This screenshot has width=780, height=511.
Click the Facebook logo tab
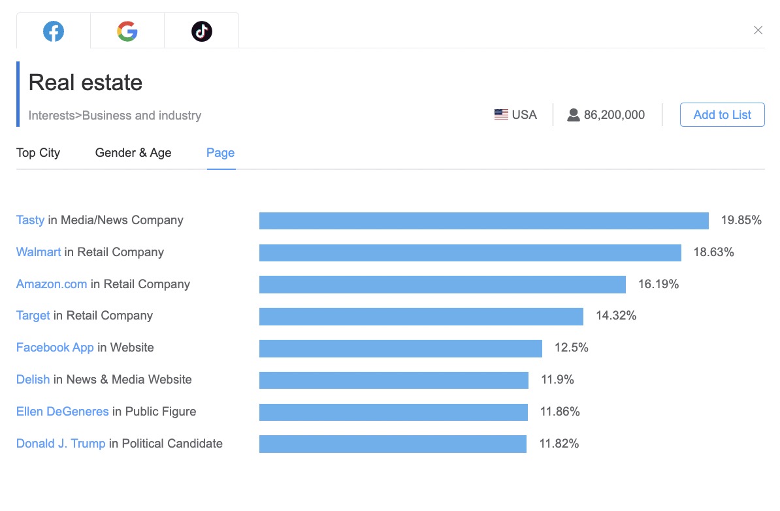[54, 31]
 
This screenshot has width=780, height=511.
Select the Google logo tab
[127, 31]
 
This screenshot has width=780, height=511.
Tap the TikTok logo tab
[201, 31]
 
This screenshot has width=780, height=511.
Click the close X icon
[758, 30]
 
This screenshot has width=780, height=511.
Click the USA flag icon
[501, 115]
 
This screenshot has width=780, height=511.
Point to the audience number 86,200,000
[614, 115]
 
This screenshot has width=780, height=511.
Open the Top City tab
[38, 153]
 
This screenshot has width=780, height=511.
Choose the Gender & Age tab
[133, 153]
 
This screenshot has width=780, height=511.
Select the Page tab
[220, 153]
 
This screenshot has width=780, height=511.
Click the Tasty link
[30, 220]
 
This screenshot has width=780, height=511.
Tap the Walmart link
[39, 252]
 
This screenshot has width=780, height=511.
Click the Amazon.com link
[52, 284]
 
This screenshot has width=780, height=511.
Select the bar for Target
[421, 316]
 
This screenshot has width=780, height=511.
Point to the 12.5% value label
[572, 348]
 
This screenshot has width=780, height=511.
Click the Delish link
[33, 380]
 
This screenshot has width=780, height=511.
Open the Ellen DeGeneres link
[62, 412]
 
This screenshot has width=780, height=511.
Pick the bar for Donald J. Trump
[393, 444]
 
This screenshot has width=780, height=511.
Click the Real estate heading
[86, 83]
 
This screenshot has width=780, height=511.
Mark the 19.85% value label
[741, 220]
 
